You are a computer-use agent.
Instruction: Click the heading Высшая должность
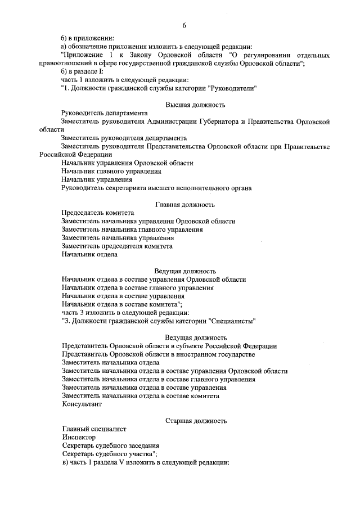coord(195,105)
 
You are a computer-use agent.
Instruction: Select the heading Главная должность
coord(184,205)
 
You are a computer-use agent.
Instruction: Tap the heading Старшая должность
coord(196,420)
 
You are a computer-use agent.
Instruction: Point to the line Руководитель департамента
coord(105,113)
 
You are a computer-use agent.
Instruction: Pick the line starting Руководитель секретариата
coord(156,188)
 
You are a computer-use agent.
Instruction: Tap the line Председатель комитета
coord(98,213)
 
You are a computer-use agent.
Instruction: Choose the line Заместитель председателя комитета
coord(117,246)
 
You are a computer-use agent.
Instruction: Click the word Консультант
coord(82,404)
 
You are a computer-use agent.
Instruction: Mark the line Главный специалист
coord(94,429)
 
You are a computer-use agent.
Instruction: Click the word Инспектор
coord(79,437)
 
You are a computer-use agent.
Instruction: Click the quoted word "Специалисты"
coord(233,321)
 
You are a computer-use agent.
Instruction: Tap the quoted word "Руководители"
coord(233,88)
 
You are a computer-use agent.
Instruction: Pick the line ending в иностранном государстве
coord(158,354)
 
